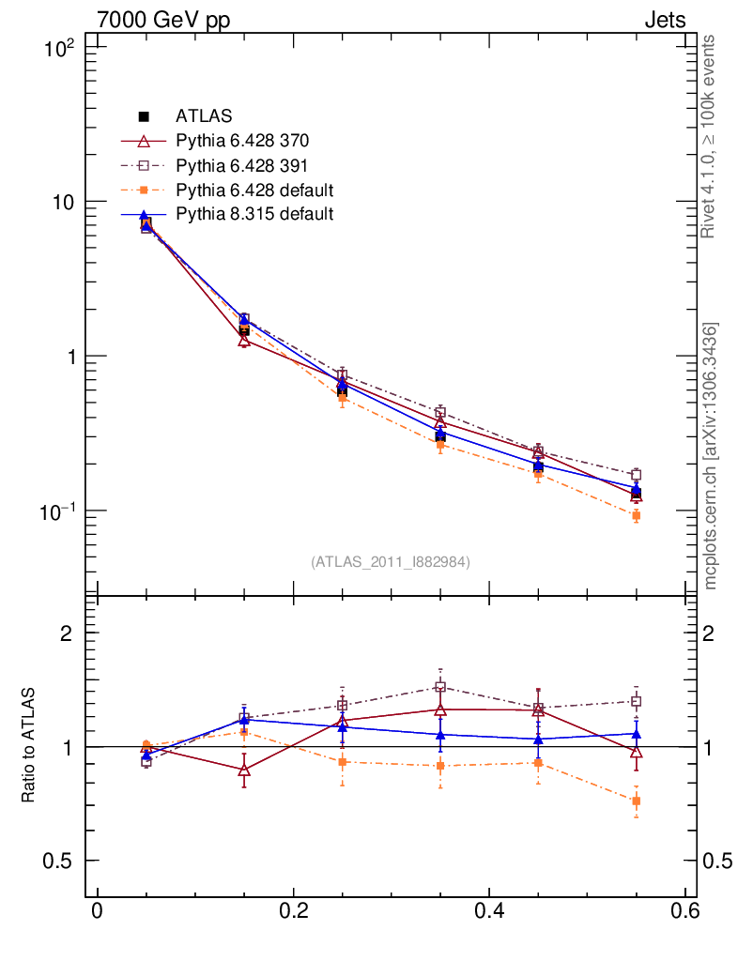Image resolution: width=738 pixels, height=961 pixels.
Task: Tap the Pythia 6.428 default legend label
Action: coord(254,190)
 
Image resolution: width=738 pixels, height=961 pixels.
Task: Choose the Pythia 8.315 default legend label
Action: coord(254,214)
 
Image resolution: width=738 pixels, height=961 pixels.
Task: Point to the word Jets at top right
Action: coord(665,20)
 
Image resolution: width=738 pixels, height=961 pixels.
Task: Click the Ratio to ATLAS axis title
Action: coord(29,746)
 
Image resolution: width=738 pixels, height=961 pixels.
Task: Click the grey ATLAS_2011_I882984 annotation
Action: coord(391,561)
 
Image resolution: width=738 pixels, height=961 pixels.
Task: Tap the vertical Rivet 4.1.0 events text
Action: coord(710,136)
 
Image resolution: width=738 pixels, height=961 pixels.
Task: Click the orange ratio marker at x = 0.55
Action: coord(636,801)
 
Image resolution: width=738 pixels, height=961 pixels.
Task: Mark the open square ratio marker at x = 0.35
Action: coord(439,687)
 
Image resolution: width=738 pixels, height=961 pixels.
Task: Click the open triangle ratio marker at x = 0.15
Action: coord(244,770)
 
